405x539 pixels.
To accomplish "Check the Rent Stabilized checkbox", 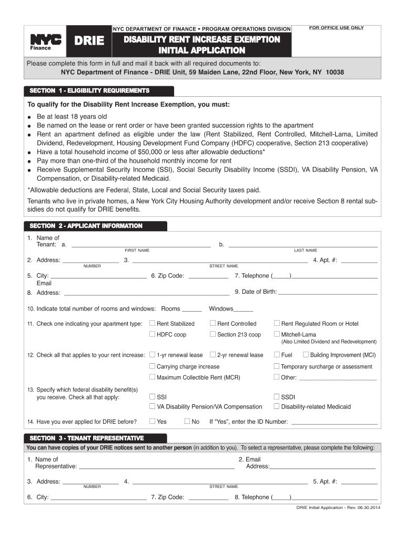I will [153, 323].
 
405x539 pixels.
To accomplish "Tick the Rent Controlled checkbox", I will [213, 323].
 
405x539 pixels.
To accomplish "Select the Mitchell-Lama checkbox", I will [277, 334].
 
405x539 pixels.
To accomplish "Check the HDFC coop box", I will [153, 334].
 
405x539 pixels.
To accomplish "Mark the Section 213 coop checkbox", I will [213, 334].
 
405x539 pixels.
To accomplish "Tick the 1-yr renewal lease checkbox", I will [153, 355].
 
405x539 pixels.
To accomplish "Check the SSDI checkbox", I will [277, 396].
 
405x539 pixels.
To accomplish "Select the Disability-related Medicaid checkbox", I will [277, 406].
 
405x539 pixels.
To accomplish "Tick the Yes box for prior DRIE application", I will [153, 421].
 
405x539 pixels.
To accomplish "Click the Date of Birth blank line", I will [328, 292].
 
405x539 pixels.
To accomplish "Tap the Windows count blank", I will [244, 310].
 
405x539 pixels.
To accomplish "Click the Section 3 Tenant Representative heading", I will [87, 438].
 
